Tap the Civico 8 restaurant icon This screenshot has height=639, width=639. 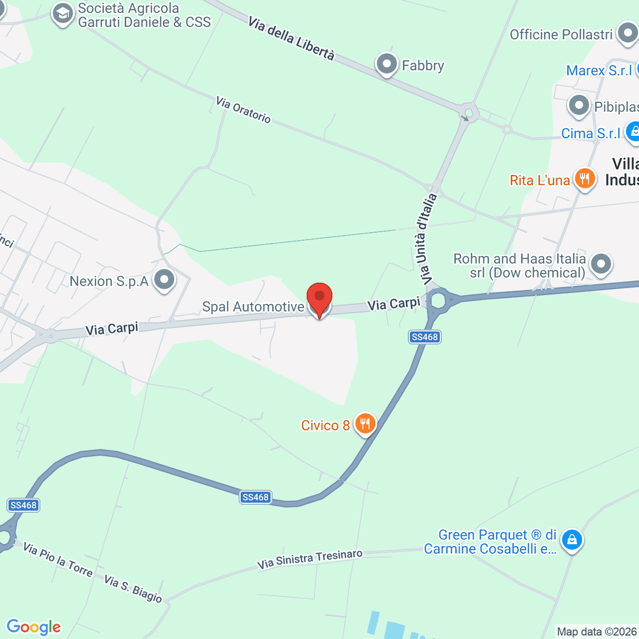click(365, 424)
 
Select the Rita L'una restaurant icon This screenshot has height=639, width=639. click(585, 179)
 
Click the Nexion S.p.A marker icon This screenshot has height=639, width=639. click(164, 280)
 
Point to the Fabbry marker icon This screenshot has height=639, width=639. click(387, 64)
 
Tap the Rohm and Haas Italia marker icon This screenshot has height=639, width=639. click(601, 264)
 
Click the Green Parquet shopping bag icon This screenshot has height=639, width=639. click(572, 539)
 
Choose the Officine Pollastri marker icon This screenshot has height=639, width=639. click(627, 34)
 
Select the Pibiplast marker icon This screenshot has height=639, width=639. click(579, 105)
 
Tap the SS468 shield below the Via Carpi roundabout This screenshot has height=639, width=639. click(424, 337)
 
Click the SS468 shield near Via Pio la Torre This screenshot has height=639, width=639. click(23, 505)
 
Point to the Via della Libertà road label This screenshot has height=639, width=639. click(291, 38)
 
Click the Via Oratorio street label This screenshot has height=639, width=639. click(243, 109)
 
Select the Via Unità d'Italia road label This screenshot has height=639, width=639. click(426, 239)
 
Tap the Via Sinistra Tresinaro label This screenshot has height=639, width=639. click(309, 559)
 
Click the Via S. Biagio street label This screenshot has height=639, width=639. click(133, 588)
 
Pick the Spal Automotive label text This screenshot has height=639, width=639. click(253, 307)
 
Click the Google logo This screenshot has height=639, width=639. click(34, 627)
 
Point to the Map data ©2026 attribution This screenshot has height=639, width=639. click(597, 632)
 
